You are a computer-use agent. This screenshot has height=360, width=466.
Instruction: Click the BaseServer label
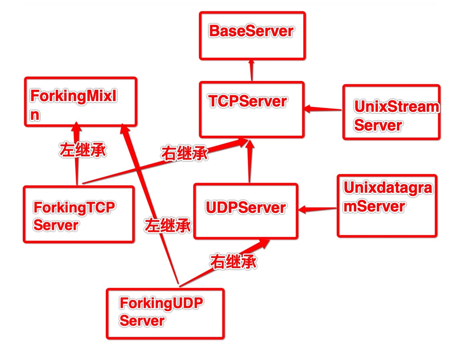coord(251,31)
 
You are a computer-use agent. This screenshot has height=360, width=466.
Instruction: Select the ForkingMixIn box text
coord(73,105)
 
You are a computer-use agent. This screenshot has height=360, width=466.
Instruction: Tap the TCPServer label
coord(247,101)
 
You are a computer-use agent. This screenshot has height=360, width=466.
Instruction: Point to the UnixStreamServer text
coord(396,115)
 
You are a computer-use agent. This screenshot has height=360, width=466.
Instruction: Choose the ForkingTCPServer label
coord(74,216)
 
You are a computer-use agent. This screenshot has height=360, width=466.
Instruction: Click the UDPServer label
coord(246,207)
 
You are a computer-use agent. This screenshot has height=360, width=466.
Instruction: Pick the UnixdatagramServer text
coord(388,197)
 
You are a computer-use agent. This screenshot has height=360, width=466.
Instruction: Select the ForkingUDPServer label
coord(161,311)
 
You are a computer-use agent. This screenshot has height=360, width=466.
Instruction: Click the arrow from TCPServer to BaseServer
coord(252,71)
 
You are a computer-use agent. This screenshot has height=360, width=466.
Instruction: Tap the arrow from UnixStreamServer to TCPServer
coord(323,109)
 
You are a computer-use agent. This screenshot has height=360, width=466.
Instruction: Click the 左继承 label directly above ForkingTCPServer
coord(83,150)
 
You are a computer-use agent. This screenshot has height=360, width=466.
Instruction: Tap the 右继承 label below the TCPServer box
coord(184,153)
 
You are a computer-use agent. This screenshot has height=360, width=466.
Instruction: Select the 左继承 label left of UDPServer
coord(168,225)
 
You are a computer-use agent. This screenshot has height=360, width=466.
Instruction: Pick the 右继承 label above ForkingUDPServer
coord(233,261)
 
